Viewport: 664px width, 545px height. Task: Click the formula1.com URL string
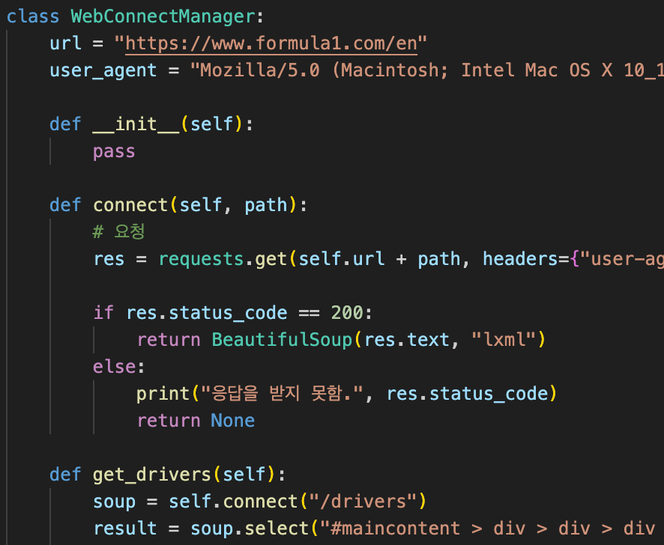point(271,43)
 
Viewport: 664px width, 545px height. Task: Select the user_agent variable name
point(103,70)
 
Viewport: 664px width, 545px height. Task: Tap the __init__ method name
point(136,124)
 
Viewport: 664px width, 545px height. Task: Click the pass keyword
point(114,151)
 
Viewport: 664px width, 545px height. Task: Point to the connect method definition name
point(130,205)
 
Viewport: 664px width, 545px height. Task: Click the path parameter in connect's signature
point(266,205)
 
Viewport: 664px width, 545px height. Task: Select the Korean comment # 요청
point(119,232)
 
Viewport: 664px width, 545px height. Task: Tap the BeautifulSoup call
point(282,340)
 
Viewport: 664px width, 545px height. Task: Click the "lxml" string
point(504,340)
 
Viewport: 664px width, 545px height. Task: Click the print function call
point(163,394)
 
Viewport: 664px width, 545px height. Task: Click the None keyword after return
point(233,421)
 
